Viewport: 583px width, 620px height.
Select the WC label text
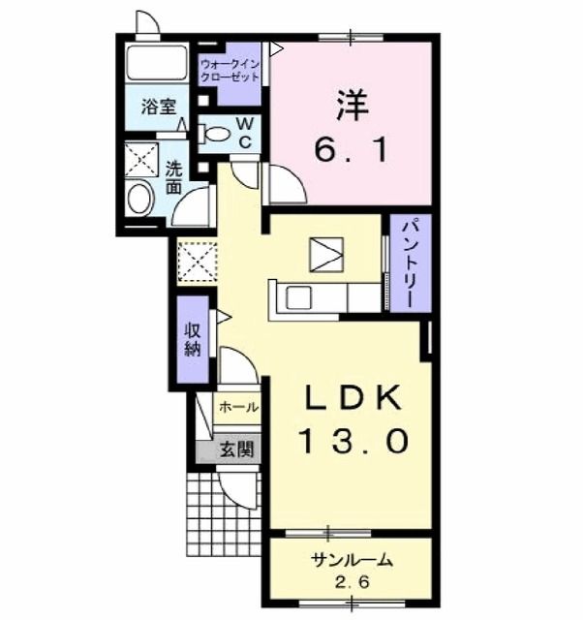[245, 133]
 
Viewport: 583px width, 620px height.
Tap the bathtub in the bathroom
[155, 64]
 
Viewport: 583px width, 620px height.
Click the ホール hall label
[238, 408]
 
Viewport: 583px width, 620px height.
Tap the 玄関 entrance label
[236, 449]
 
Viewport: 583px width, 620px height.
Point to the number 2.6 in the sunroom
[351, 583]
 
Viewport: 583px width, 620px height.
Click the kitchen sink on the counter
[297, 298]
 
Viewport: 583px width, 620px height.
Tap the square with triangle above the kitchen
[327, 254]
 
